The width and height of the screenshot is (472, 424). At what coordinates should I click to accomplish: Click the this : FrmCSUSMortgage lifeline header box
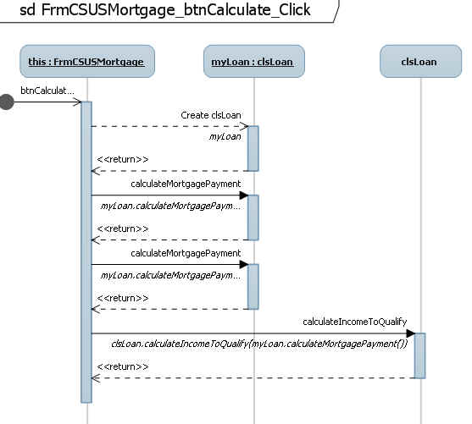(87, 61)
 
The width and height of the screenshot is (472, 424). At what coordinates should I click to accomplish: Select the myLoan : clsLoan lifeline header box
(254, 61)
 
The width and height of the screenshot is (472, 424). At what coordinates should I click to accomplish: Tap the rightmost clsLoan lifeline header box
(420, 61)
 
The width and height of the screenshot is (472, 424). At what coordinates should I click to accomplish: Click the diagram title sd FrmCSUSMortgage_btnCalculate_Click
(165, 9)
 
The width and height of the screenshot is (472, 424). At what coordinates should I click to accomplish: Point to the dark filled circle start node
(6, 102)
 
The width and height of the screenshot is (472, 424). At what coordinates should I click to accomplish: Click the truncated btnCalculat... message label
(47, 91)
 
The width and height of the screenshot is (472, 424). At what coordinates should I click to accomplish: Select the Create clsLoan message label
(211, 115)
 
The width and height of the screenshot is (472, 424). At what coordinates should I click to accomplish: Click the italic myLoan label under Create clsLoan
(225, 137)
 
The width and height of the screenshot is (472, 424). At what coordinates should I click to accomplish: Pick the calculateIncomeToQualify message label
(354, 322)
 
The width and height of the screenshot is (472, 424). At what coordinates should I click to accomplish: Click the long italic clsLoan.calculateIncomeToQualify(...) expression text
(259, 344)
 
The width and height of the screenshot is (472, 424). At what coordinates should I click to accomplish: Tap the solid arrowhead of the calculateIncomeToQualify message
(410, 333)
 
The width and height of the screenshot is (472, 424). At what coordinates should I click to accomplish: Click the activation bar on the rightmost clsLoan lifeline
(420, 355)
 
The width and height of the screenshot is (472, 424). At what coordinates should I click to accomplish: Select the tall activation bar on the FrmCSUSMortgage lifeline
(86, 252)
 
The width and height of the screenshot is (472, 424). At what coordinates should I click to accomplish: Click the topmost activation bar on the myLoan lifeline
(253, 149)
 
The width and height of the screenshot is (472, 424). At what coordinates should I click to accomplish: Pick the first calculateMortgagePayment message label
(186, 184)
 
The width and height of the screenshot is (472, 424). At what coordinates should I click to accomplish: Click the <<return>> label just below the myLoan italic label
(123, 159)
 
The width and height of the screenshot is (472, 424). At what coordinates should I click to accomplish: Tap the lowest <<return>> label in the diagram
(123, 366)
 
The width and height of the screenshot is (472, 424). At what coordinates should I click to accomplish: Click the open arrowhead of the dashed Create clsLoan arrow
(244, 126)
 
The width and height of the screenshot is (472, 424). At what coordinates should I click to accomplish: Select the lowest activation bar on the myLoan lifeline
(253, 287)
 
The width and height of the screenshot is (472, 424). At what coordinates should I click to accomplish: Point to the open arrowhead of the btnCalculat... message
(77, 102)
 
